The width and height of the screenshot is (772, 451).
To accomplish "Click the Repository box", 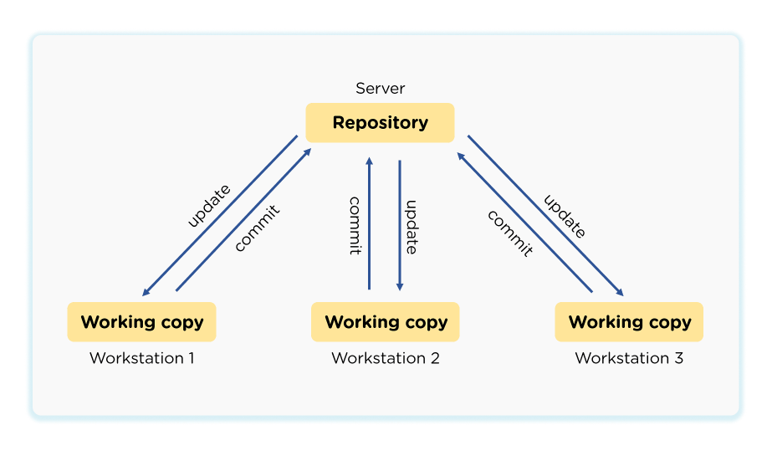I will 380,123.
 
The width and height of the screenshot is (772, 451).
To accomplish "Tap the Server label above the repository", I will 380,88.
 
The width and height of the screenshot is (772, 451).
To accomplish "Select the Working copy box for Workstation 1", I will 141,322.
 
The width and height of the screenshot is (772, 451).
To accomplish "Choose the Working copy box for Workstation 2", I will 386,322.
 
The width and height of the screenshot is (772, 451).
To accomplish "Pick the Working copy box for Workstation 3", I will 629,322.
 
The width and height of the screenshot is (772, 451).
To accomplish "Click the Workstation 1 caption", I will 141,358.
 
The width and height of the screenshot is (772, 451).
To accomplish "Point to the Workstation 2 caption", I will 386,358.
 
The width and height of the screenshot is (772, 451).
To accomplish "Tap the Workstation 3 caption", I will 629,358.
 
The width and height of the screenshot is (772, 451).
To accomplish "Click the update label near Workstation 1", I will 208,205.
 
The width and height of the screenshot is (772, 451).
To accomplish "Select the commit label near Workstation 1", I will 257,227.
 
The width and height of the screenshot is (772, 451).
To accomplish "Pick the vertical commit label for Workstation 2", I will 355,225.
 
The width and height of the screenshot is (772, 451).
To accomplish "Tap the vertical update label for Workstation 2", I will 411,227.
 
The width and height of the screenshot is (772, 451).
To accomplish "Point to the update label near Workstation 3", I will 565,217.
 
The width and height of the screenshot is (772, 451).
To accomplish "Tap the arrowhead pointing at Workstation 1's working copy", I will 146,292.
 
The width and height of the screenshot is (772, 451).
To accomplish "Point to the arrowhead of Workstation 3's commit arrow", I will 460,155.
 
